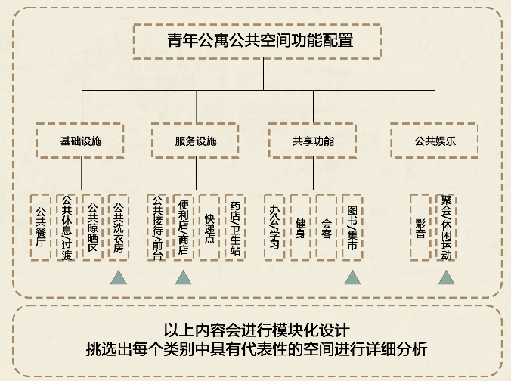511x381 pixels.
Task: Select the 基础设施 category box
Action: pyautogui.click(x=81, y=141)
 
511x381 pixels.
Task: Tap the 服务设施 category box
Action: pyautogui.click(x=195, y=141)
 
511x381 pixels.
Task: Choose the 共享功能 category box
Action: pyautogui.click(x=313, y=141)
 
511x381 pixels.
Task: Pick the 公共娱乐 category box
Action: pyautogui.click(x=435, y=141)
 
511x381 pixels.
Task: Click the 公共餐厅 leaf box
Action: pyautogui.click(x=41, y=227)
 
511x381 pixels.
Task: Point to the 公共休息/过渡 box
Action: pyautogui.click(x=67, y=227)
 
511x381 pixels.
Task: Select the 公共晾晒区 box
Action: pyautogui.click(x=92, y=227)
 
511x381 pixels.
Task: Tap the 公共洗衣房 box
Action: pyautogui.click(x=118, y=227)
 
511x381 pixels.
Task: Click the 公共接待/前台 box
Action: pyautogui.click(x=156, y=227)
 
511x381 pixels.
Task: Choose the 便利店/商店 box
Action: pyautogui.click(x=183, y=227)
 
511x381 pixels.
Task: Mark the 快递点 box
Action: pyautogui.click(x=209, y=227)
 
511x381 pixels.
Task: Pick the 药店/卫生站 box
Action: pyautogui.click(x=235, y=227)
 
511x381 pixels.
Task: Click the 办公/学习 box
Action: pyautogui.click(x=274, y=227)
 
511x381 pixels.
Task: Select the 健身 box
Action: pyautogui.click(x=300, y=227)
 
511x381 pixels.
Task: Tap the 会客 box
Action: pyautogui.click(x=326, y=227)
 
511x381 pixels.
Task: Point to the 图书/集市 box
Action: pyautogui.click(x=352, y=227)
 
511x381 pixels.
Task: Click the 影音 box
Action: pyautogui.click(x=420, y=227)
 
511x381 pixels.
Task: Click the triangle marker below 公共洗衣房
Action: pyautogui.click(x=118, y=277)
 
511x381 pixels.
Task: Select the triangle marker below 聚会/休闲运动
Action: pyautogui.click(x=446, y=277)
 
